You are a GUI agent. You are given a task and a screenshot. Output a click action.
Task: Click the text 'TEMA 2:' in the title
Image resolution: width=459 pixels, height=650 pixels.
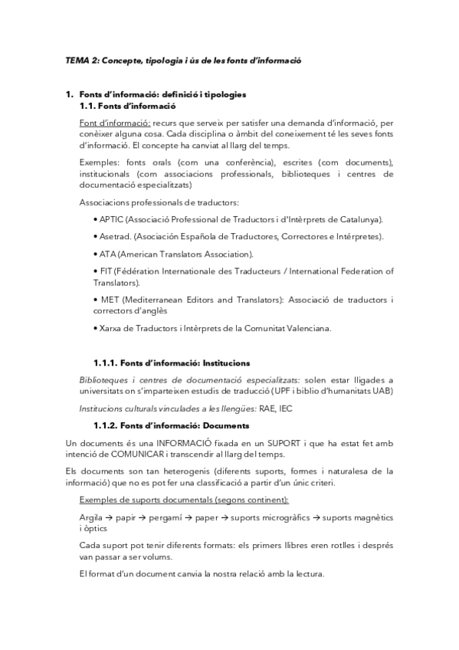tap(78, 61)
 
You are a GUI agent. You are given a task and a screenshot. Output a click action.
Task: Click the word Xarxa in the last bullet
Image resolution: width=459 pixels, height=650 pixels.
tap(109, 328)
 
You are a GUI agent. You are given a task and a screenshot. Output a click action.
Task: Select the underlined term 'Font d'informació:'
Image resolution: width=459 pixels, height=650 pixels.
tap(114, 123)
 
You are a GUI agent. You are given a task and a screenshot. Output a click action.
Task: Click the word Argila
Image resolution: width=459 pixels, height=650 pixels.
tap(90, 518)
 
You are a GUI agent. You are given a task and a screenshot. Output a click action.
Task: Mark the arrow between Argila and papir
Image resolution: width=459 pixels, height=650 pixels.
tap(110, 518)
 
